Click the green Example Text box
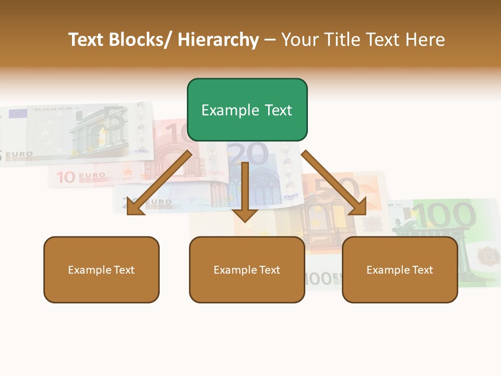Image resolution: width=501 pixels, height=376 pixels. [x=247, y=110]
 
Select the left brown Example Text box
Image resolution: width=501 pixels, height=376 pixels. [x=101, y=270]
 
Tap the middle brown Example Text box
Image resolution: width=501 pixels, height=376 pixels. [x=247, y=270]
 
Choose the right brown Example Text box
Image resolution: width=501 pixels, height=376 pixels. [x=400, y=270]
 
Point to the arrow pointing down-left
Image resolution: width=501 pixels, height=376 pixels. [x=159, y=182]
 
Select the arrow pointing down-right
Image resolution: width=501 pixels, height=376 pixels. [x=334, y=183]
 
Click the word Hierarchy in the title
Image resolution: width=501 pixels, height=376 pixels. [x=218, y=40]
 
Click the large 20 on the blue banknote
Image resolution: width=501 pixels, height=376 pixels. [x=247, y=155]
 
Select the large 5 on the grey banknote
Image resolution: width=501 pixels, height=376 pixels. [x=115, y=120]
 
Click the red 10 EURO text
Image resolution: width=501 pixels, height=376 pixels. [x=80, y=177]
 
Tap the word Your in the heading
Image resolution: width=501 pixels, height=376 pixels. [x=299, y=40]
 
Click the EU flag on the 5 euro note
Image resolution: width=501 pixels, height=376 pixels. [x=18, y=113]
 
